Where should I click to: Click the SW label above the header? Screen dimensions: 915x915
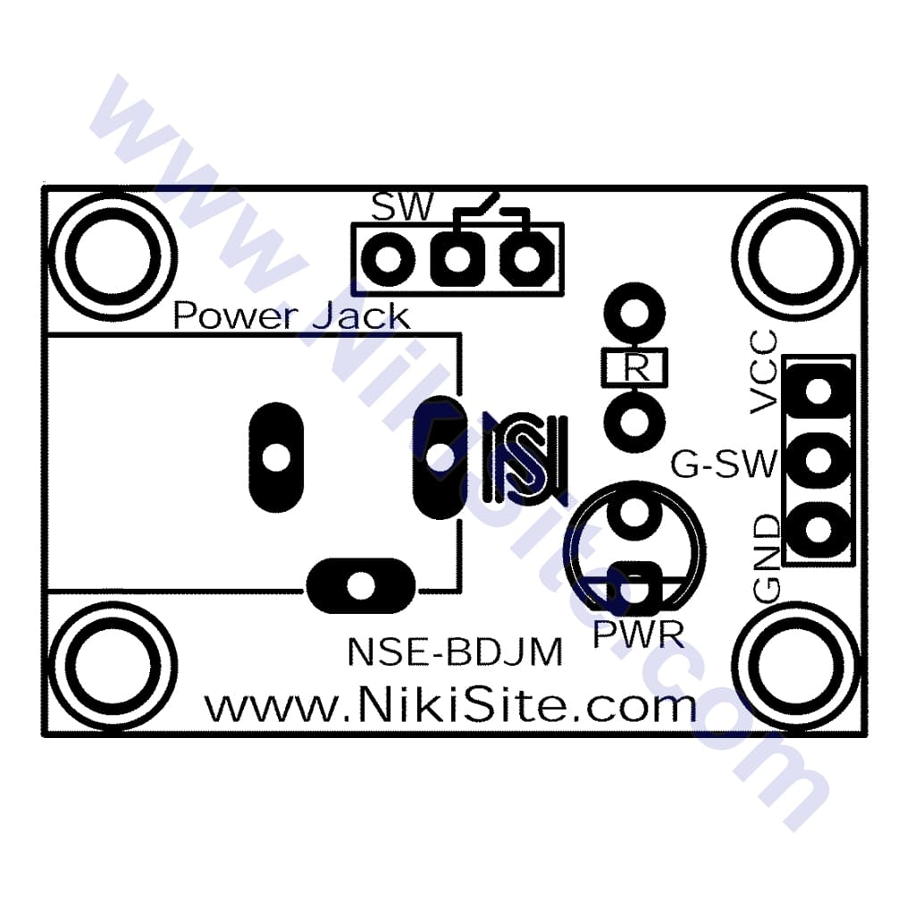[403, 206]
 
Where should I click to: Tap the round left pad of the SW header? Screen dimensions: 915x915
[388, 258]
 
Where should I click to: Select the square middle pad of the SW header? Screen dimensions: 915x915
[458, 258]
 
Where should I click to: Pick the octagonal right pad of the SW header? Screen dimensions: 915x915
[527, 258]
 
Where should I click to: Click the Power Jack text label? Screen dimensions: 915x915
[291, 315]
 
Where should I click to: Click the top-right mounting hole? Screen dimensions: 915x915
[796, 257]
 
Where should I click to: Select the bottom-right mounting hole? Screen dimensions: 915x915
[796, 665]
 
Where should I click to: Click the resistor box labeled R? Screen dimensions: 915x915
[634, 367]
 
